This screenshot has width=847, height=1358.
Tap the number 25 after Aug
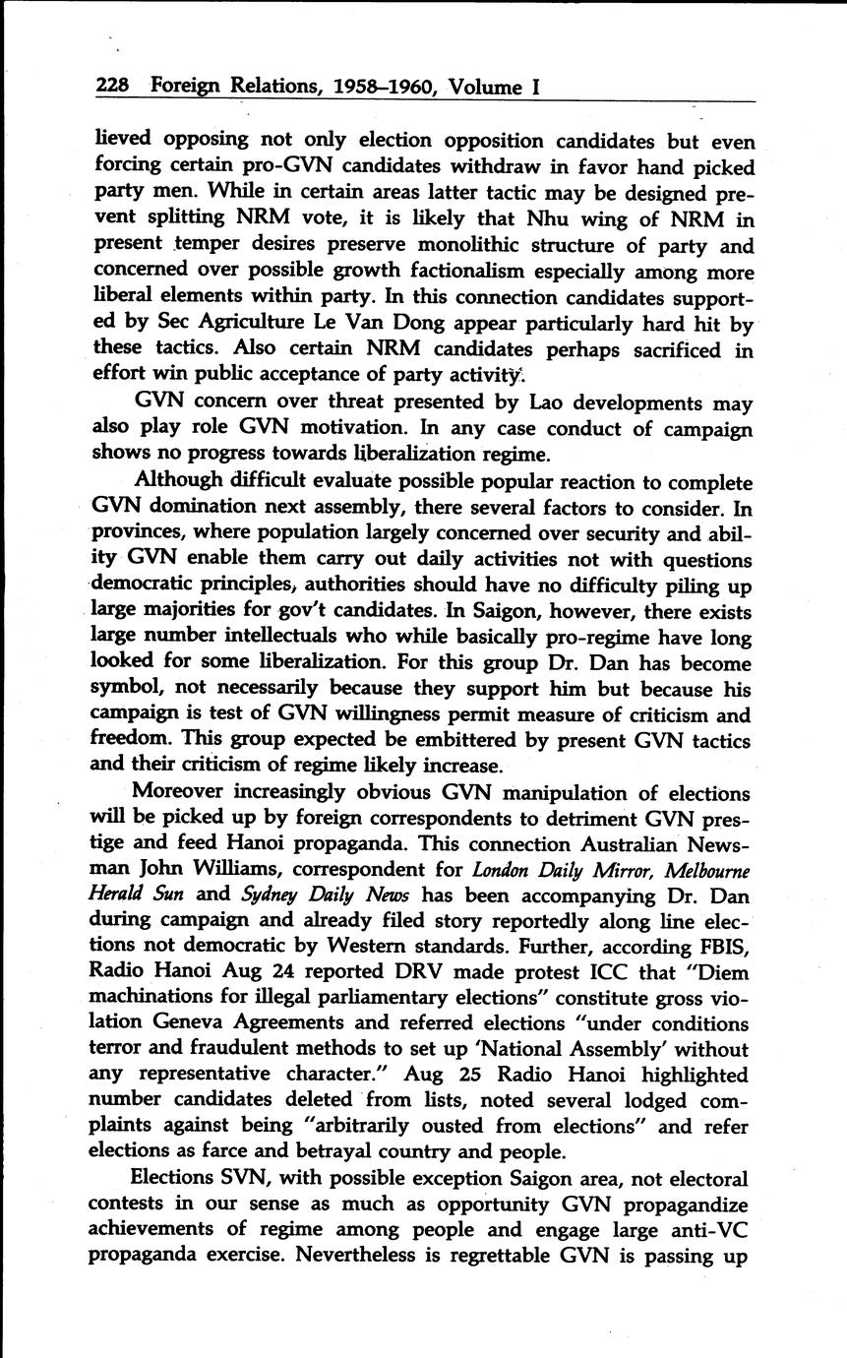[471, 1075]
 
